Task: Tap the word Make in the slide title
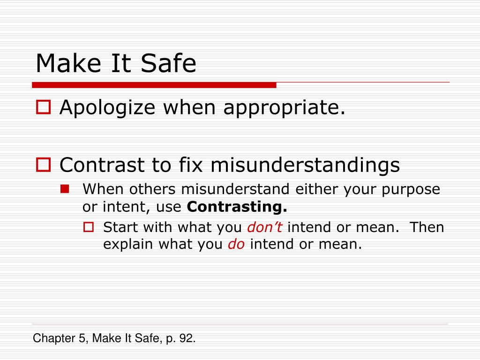[63, 63]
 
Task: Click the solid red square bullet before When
[65, 189]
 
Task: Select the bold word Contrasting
[237, 206]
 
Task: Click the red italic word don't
[264, 227]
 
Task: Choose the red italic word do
[236, 244]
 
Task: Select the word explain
[128, 245]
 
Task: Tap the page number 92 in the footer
[186, 338]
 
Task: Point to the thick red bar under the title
[154, 85]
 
